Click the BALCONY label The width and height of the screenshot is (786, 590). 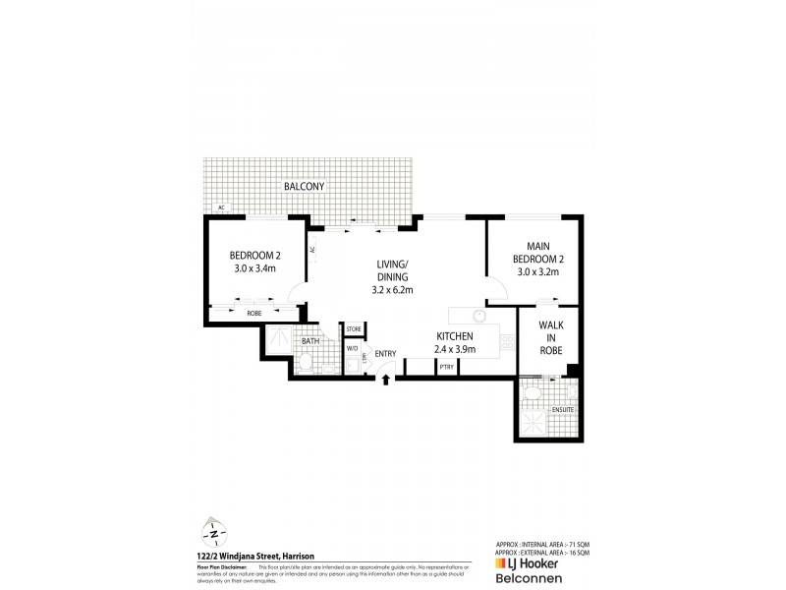(305, 186)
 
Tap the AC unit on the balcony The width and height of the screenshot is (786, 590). (222, 208)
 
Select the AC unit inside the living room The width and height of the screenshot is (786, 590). (312, 250)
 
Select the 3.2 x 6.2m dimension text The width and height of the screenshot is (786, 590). (393, 291)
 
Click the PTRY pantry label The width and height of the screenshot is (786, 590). (446, 367)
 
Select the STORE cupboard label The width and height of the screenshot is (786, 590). (353, 328)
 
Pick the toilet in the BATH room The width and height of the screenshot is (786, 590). (307, 366)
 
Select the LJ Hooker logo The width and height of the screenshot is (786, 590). (531, 566)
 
